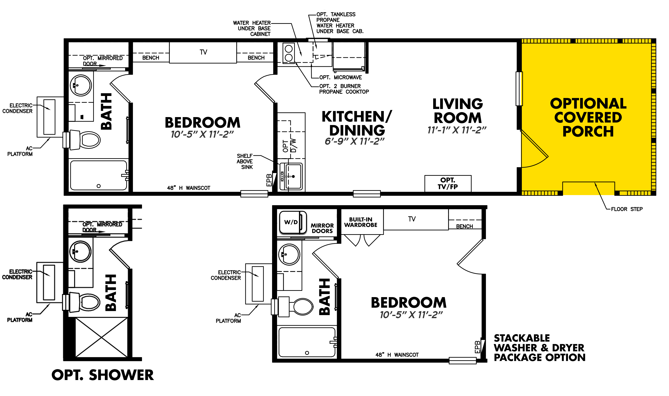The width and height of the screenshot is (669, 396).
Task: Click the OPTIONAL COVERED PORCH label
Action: [588, 117]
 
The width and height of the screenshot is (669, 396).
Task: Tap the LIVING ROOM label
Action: [457, 111]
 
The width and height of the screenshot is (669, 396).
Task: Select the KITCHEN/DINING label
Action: [357, 123]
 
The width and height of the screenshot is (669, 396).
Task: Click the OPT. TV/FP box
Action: [448, 184]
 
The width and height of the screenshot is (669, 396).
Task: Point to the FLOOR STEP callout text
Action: [627, 209]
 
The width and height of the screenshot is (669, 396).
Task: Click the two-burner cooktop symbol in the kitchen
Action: [288, 53]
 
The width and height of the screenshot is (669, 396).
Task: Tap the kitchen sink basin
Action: [293, 177]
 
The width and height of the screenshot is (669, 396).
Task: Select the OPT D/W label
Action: [289, 145]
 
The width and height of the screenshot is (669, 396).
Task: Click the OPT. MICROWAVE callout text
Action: [341, 77]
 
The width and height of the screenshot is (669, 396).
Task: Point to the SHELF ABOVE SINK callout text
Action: [245, 161]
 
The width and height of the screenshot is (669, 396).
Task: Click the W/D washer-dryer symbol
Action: [293, 222]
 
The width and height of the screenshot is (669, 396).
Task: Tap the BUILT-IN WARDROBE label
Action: [361, 222]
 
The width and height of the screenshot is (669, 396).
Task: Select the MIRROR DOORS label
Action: [322, 228]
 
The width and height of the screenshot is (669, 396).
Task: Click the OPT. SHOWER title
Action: [103, 375]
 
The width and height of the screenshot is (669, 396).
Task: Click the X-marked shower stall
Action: [101, 337]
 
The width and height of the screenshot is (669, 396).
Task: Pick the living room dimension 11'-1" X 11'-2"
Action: [457, 130]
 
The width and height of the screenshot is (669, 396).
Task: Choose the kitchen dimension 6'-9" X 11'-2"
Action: [355, 141]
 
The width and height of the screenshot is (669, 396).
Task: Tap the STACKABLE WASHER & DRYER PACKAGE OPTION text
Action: [539, 348]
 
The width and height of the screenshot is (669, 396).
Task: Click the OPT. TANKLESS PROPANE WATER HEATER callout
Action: [340, 23]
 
